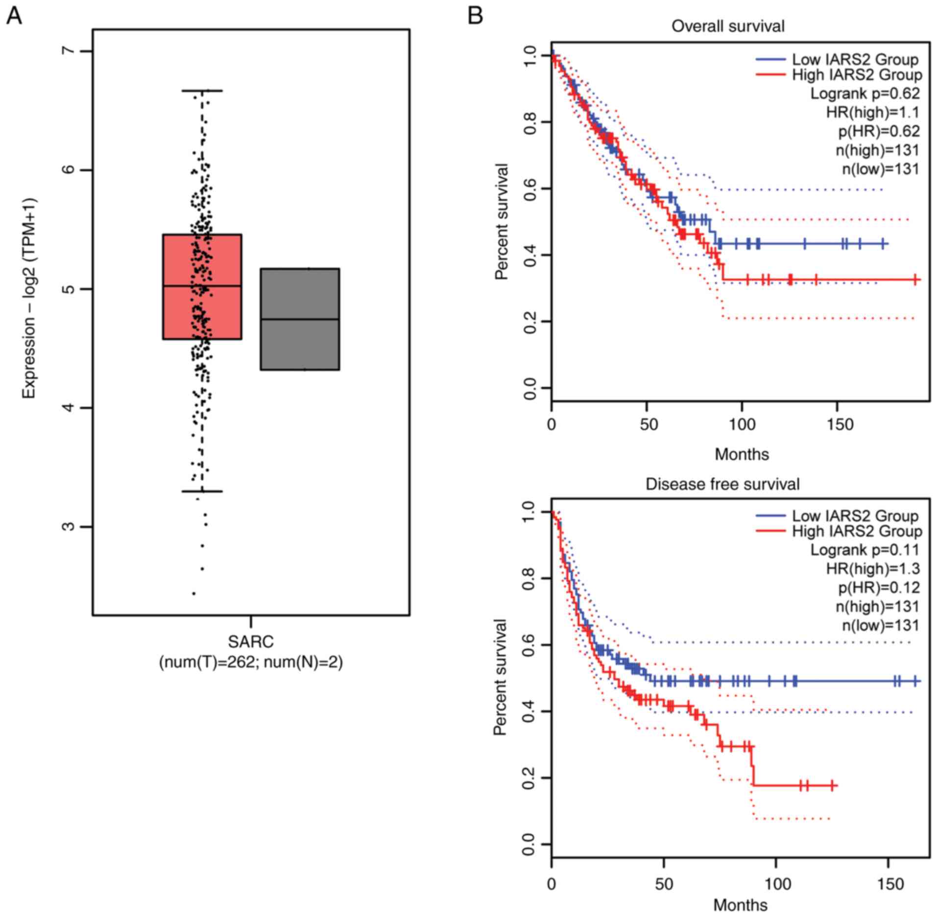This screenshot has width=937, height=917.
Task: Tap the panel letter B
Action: tap(475, 16)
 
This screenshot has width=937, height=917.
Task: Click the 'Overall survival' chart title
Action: tap(727, 26)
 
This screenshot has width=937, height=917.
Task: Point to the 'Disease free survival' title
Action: tap(722, 484)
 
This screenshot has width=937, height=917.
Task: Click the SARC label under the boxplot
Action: tap(251, 641)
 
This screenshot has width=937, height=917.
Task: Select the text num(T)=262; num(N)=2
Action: tap(251, 663)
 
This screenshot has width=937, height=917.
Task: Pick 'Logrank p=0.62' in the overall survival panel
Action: tap(865, 93)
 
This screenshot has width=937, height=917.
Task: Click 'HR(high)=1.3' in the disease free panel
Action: tap(873, 568)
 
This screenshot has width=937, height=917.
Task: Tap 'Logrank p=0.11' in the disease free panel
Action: tap(865, 550)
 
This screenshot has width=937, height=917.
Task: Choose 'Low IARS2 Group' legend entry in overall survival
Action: tap(855, 60)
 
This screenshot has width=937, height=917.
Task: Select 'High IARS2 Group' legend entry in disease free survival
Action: tap(857, 531)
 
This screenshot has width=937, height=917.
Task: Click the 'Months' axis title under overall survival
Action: tap(742, 454)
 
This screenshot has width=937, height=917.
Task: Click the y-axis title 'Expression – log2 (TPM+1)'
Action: tap(29, 299)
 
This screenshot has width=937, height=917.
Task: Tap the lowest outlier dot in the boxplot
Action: tap(194, 594)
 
